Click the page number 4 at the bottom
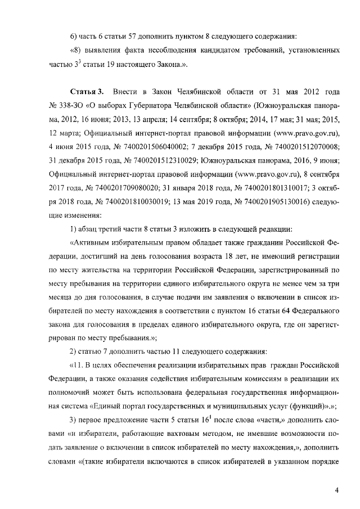tap(336, 490)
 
